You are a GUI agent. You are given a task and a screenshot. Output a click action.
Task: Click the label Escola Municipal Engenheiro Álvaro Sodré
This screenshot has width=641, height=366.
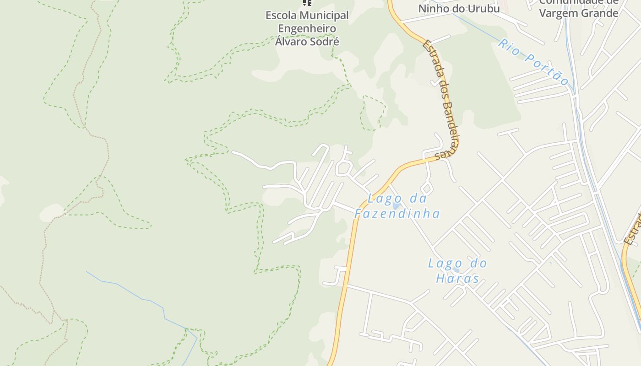[x=307, y=28]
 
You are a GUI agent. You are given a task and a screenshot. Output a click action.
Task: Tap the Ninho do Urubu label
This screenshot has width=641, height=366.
[x=459, y=8]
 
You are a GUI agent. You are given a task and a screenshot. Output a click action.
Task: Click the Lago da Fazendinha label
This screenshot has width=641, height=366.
[x=397, y=206]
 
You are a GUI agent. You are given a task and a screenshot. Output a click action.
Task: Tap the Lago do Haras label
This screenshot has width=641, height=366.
[x=457, y=270]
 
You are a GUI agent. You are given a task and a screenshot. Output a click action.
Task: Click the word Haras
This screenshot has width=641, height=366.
[x=457, y=278]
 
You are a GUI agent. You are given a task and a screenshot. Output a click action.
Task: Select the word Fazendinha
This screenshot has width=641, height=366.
[x=397, y=213]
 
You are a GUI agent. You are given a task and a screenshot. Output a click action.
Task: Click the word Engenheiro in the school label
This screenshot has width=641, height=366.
[x=307, y=28]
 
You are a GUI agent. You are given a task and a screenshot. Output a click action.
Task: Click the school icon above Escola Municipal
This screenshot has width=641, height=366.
[x=307, y=3]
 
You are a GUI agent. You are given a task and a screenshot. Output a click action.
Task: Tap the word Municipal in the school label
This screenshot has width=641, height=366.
[x=324, y=16]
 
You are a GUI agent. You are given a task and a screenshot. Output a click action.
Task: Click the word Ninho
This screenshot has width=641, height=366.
[x=433, y=8]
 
